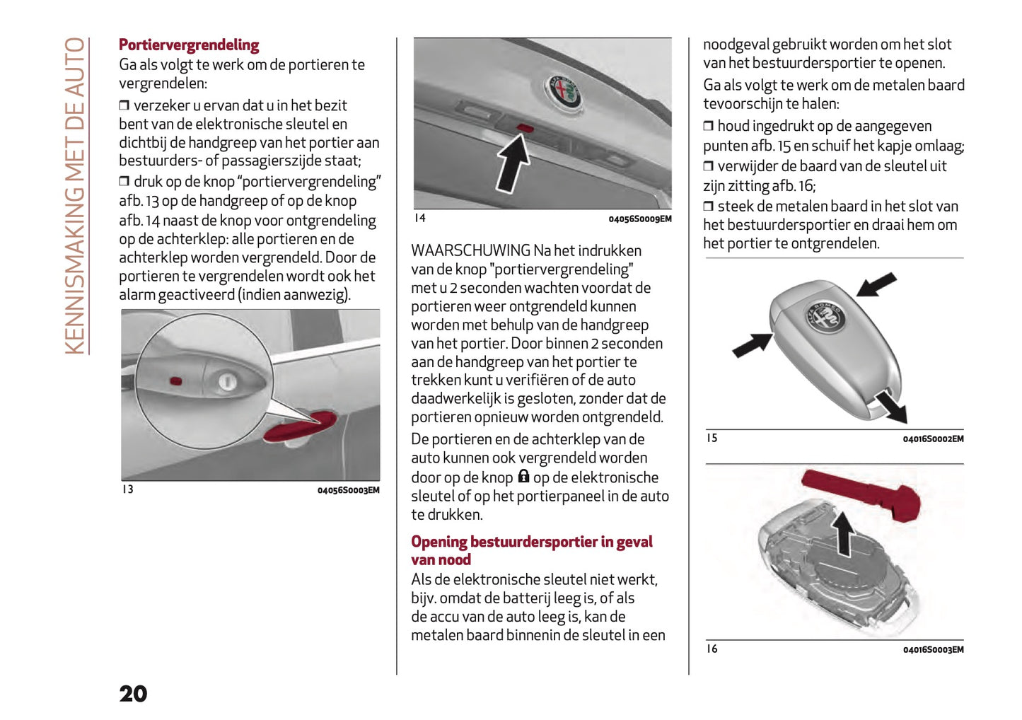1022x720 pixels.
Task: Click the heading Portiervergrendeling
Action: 188,45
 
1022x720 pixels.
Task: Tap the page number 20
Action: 133,694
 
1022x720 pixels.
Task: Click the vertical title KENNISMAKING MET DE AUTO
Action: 75,196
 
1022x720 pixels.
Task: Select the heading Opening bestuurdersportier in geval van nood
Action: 531,550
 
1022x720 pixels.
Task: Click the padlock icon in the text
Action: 523,477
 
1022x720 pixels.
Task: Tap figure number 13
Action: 127,489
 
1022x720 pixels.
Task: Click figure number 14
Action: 420,218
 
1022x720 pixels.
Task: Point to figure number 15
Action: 712,438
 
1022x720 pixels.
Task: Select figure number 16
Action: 712,649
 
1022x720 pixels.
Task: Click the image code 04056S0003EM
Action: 348,490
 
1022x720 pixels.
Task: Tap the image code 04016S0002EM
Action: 932,439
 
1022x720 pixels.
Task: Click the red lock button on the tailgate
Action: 525,128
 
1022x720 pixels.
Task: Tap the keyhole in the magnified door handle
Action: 227,382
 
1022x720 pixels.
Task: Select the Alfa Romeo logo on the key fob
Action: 825,316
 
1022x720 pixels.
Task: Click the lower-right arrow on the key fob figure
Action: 891,407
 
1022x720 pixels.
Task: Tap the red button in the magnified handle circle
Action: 175,381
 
